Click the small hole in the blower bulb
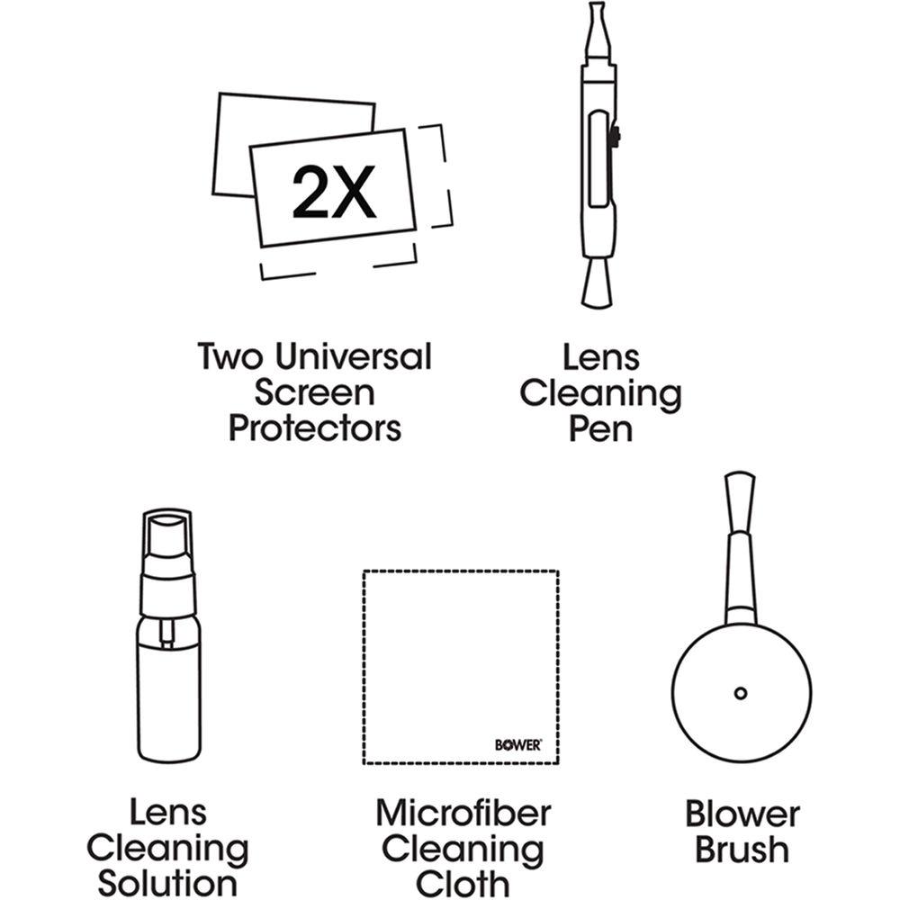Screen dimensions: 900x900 click(x=740, y=692)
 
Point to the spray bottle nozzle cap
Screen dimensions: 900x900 click(x=166, y=530)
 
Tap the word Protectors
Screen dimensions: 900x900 click(x=314, y=428)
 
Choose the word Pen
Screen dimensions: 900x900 click(x=600, y=429)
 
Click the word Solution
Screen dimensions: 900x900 click(x=167, y=883)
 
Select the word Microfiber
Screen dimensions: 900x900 click(x=463, y=814)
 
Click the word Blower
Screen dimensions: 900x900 click(x=742, y=814)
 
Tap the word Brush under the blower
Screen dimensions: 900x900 click(x=742, y=850)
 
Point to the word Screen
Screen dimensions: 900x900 click(x=314, y=393)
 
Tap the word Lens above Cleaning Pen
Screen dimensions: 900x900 click(x=600, y=357)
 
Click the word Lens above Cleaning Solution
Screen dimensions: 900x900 click(x=167, y=814)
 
